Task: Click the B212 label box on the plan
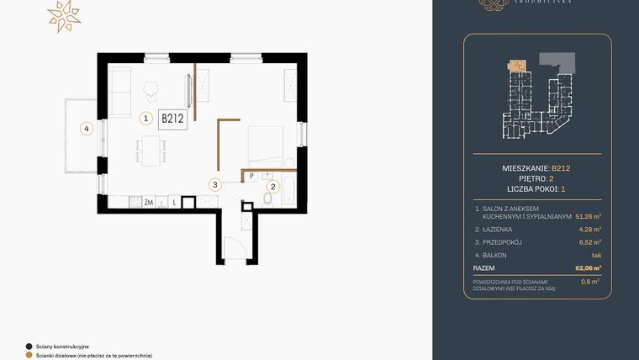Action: [172, 119]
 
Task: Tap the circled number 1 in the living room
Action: [146, 119]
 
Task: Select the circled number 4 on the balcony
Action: [85, 129]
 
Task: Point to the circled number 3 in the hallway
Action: [215, 184]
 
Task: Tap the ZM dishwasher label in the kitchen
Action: [148, 202]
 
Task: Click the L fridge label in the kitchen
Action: [173, 202]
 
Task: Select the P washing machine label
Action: [251, 176]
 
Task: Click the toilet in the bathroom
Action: [267, 199]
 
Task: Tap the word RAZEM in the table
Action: [484, 267]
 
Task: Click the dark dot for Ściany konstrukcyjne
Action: [29, 346]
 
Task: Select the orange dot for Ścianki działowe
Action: [29, 355]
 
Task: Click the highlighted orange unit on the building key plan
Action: [516, 64]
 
